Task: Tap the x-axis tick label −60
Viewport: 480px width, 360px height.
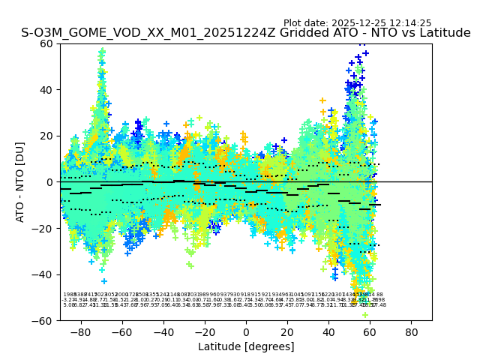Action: (x=121, y=331)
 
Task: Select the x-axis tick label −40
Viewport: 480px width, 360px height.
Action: (x=163, y=331)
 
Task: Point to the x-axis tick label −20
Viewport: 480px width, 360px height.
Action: (x=204, y=331)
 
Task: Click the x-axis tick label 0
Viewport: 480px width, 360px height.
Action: (x=246, y=331)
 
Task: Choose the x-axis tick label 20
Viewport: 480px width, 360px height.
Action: (x=287, y=331)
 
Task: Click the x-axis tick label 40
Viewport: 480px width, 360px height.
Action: (x=328, y=331)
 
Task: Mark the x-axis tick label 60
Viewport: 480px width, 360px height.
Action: (x=370, y=331)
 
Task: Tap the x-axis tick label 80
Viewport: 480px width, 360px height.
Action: (x=412, y=331)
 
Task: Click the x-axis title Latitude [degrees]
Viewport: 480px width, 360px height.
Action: (x=246, y=346)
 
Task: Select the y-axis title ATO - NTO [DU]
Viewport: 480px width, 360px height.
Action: (x=20, y=182)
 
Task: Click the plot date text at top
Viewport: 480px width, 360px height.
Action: (x=357, y=23)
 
